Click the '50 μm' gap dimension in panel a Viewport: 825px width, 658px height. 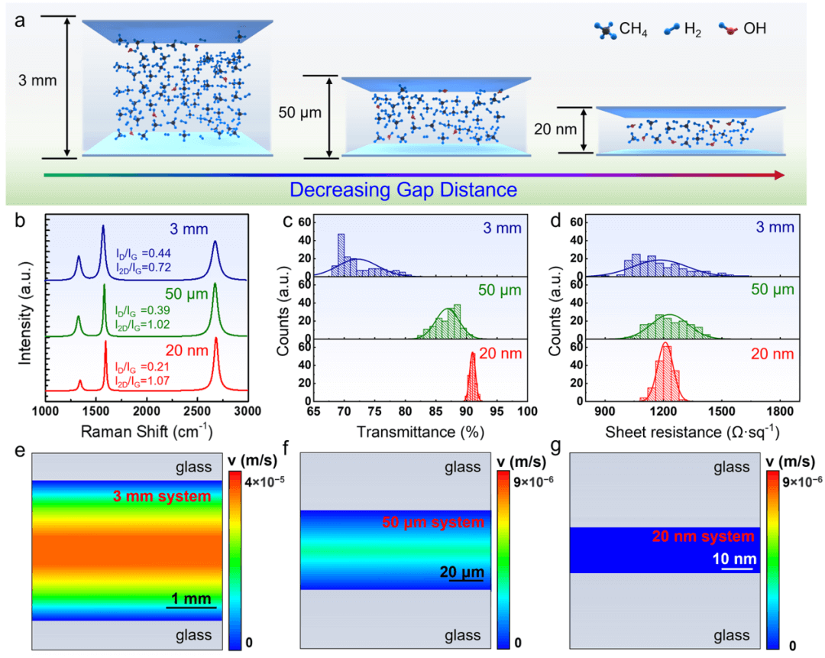299,113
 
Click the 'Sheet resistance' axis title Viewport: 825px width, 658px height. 691,432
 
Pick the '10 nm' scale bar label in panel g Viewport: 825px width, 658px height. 735,559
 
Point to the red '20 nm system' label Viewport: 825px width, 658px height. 707,536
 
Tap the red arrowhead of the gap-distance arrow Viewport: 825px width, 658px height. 778,175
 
